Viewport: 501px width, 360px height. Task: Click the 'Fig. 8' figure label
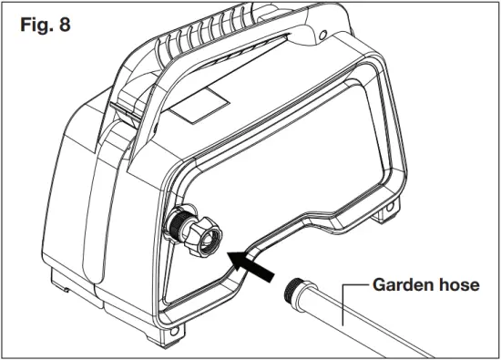tap(45, 25)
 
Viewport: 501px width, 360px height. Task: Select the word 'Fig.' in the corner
tap(36, 25)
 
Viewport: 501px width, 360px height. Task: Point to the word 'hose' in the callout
tap(457, 285)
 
